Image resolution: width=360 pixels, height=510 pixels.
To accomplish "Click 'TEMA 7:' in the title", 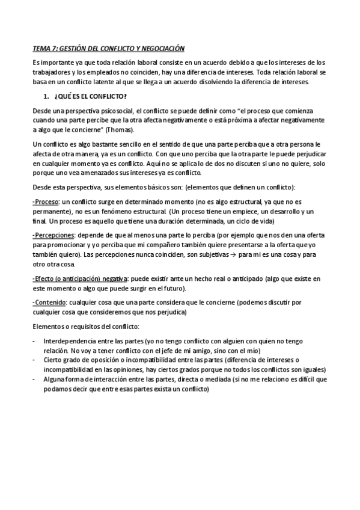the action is point(43,49).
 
